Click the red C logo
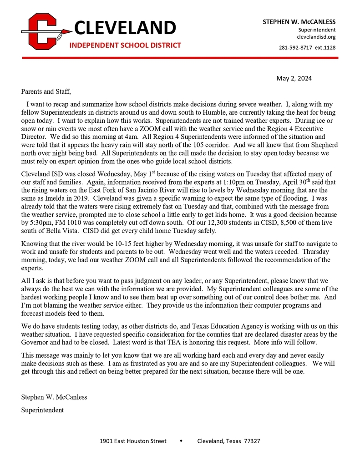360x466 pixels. [x=43, y=31]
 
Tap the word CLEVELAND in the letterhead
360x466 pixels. [x=125, y=28]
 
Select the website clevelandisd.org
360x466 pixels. [x=316, y=37]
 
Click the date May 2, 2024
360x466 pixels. [x=294, y=78]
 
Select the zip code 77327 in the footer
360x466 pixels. [x=252, y=441]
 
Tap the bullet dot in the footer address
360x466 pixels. [x=181, y=441]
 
